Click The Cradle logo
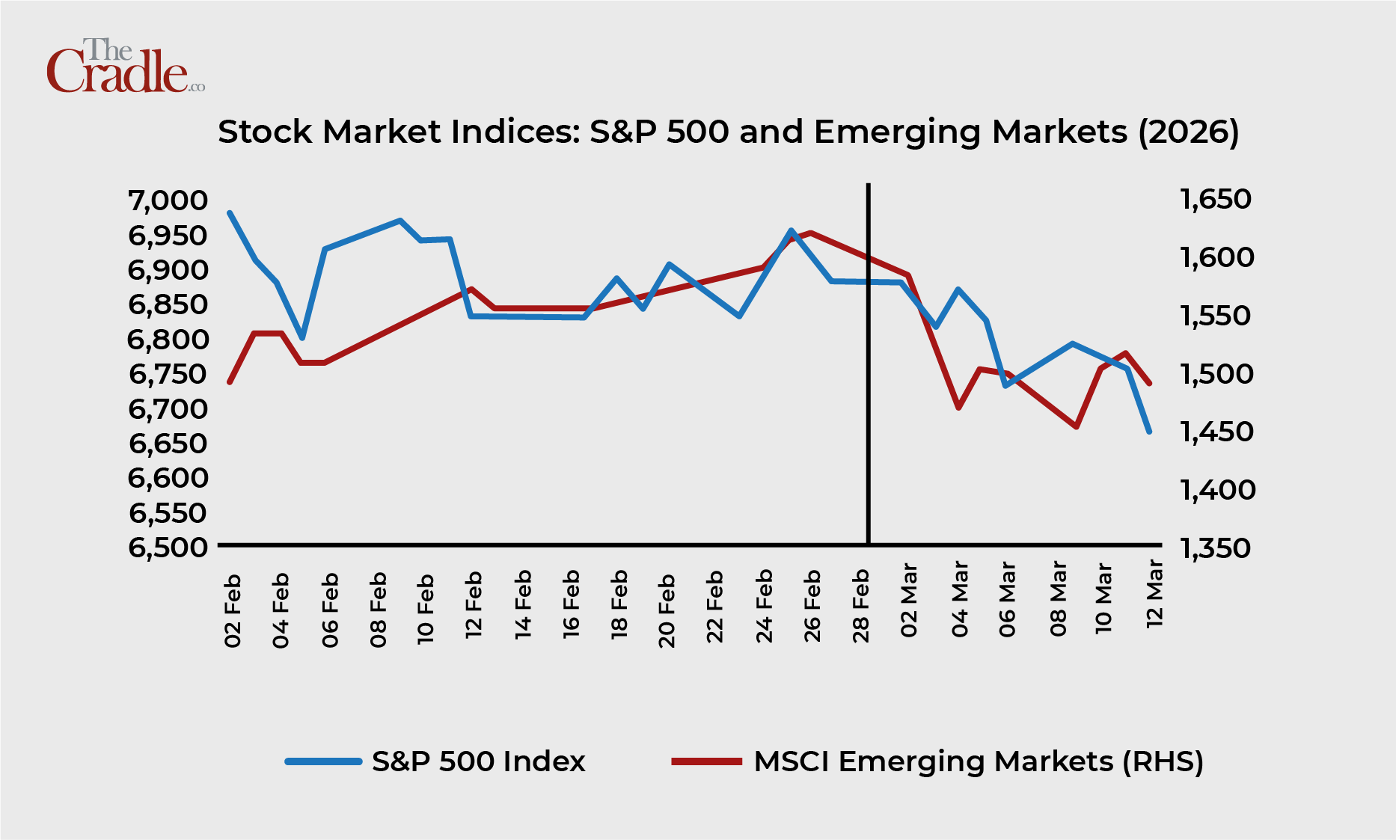(124, 67)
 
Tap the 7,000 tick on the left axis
(168, 200)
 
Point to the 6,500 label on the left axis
(168, 547)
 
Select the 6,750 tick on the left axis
(168, 373)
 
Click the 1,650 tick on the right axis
(1215, 199)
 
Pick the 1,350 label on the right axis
(1215, 548)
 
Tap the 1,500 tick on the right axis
(1215, 373)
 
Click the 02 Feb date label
(233, 610)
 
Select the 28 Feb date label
(861, 606)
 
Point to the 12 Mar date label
(1154, 592)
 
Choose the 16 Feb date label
(571, 604)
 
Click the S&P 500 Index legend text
(478, 761)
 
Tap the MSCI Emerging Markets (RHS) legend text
(979, 761)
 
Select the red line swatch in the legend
(706, 762)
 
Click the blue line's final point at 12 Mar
(1149, 432)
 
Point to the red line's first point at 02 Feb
(230, 382)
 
